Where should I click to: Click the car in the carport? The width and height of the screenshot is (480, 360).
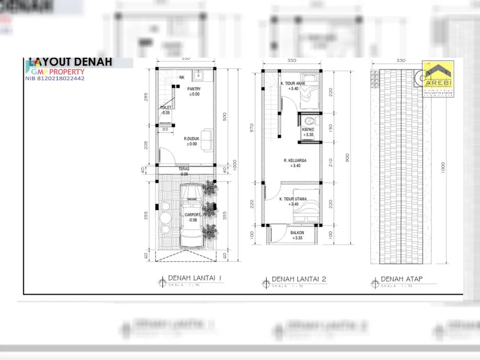click(191, 216)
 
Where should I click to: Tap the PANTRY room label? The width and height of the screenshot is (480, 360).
click(194, 89)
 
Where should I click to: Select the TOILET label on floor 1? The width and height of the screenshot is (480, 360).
click(165, 107)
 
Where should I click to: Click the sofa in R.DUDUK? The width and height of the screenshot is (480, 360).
click(207, 140)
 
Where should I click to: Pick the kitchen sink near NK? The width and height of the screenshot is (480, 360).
click(199, 75)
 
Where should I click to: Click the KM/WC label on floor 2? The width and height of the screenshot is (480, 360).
click(308, 129)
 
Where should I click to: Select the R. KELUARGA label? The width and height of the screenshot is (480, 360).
click(295, 160)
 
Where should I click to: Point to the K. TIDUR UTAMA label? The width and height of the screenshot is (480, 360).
click(293, 199)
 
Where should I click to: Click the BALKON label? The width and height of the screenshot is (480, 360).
click(297, 233)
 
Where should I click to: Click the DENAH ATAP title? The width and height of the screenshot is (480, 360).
click(402, 279)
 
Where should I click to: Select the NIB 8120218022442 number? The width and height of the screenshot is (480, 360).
click(55, 79)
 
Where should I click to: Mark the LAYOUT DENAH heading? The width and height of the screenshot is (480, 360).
click(70, 62)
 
